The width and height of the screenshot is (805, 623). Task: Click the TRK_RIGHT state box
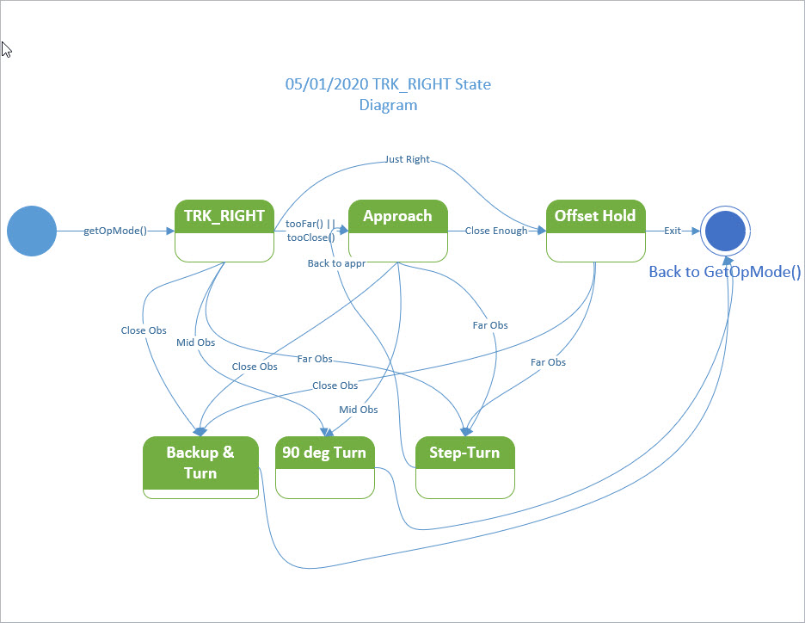pyautogui.click(x=224, y=231)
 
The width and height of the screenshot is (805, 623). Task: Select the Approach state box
pyautogui.click(x=398, y=231)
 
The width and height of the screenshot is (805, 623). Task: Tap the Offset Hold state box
pyautogui.click(x=595, y=231)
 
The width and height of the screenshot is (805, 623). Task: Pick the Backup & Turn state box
pyautogui.click(x=200, y=467)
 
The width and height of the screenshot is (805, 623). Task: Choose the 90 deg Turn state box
pyautogui.click(x=325, y=467)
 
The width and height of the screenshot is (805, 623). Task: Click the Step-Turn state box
pyautogui.click(x=465, y=467)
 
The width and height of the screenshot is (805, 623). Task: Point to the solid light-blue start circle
pyautogui.click(x=32, y=231)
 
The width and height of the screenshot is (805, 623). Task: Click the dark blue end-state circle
pyautogui.click(x=725, y=231)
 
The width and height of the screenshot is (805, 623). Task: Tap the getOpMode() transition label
pyautogui.click(x=115, y=231)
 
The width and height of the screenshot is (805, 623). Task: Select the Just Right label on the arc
pyautogui.click(x=408, y=159)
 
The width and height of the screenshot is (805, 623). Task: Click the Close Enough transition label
pyautogui.click(x=496, y=231)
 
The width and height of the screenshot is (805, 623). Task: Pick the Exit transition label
pyautogui.click(x=673, y=231)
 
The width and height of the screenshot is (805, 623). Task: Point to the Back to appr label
pyautogui.click(x=337, y=263)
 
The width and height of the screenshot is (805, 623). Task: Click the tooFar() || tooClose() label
pyautogui.click(x=310, y=231)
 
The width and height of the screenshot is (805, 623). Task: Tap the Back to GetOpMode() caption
pyautogui.click(x=725, y=272)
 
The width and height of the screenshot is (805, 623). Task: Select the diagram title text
pyautogui.click(x=388, y=95)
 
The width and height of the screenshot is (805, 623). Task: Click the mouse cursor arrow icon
pyautogui.click(x=7, y=50)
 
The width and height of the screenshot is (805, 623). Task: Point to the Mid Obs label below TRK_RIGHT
pyautogui.click(x=195, y=342)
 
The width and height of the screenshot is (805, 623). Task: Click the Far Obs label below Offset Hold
pyautogui.click(x=549, y=362)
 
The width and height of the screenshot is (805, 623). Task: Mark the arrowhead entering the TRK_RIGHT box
pyautogui.click(x=169, y=231)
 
